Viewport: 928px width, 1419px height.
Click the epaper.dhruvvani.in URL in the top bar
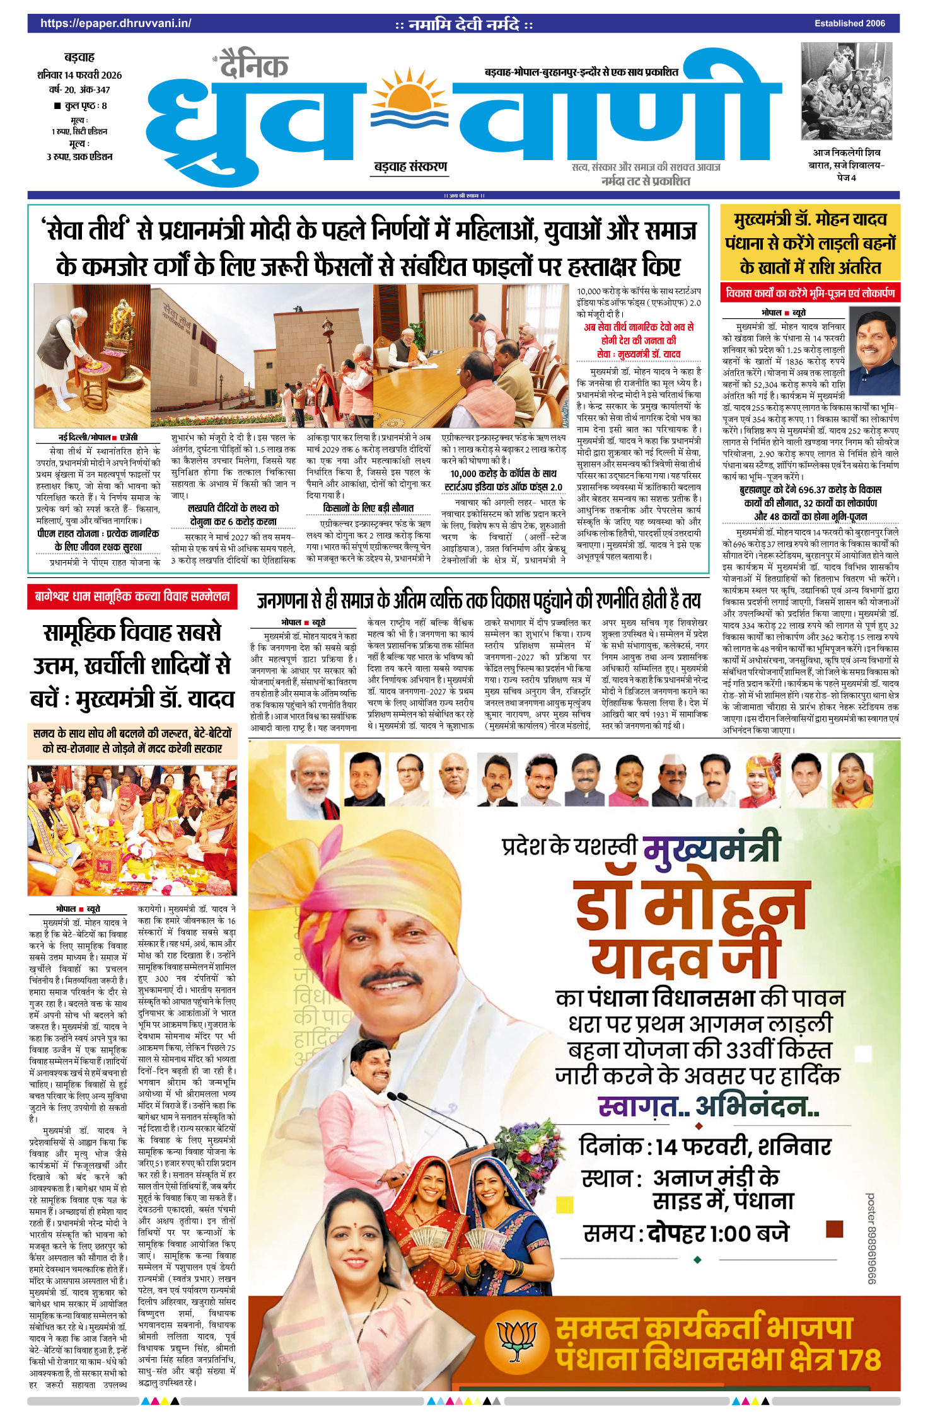click(x=115, y=23)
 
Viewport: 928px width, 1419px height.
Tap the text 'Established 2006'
click(x=849, y=23)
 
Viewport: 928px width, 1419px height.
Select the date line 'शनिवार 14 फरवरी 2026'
click(x=79, y=75)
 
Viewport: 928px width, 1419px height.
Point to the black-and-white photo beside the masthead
click(x=846, y=91)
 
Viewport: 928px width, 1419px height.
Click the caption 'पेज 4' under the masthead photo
click(x=846, y=178)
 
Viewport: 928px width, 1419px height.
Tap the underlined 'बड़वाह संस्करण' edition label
click(x=410, y=167)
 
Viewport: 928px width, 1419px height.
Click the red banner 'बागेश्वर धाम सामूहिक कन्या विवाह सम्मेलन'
click(x=132, y=596)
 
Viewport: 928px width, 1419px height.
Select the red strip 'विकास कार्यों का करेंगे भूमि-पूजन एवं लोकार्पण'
click(x=810, y=293)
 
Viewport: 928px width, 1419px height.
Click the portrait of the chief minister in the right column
click(x=874, y=350)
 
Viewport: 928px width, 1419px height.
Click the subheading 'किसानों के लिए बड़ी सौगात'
click(x=368, y=508)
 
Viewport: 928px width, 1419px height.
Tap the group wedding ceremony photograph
click(x=132, y=830)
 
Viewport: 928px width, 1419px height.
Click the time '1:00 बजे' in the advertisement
click(x=749, y=1233)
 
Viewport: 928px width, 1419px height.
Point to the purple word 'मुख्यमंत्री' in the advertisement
click(x=712, y=847)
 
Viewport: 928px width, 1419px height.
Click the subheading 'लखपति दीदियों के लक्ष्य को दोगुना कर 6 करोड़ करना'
click(x=233, y=515)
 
